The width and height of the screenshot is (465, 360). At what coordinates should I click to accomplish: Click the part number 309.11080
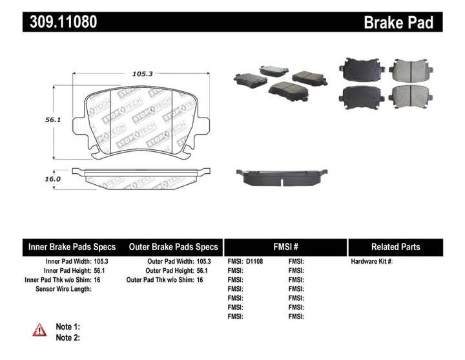[x=63, y=22]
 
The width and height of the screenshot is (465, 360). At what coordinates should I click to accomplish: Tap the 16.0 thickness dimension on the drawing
[x=53, y=179]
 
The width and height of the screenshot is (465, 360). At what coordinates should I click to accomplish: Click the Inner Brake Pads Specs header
[x=72, y=247]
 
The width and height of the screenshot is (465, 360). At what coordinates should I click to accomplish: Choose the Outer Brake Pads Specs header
[x=173, y=247]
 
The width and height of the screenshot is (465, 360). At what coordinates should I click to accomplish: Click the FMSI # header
[x=285, y=247]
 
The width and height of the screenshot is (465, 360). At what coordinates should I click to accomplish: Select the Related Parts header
[x=395, y=247]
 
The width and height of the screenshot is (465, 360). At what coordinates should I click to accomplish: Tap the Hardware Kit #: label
[x=371, y=262]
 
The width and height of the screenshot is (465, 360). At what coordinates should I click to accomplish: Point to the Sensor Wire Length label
[x=63, y=289]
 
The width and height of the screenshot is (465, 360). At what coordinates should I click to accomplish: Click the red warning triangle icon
[x=39, y=330]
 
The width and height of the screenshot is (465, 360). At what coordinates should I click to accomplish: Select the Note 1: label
[x=68, y=327]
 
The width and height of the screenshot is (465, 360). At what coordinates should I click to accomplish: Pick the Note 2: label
[x=68, y=337]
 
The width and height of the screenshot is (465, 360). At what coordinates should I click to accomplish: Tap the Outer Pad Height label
[x=169, y=271]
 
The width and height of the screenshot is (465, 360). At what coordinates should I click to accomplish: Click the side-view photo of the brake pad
[x=282, y=177]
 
